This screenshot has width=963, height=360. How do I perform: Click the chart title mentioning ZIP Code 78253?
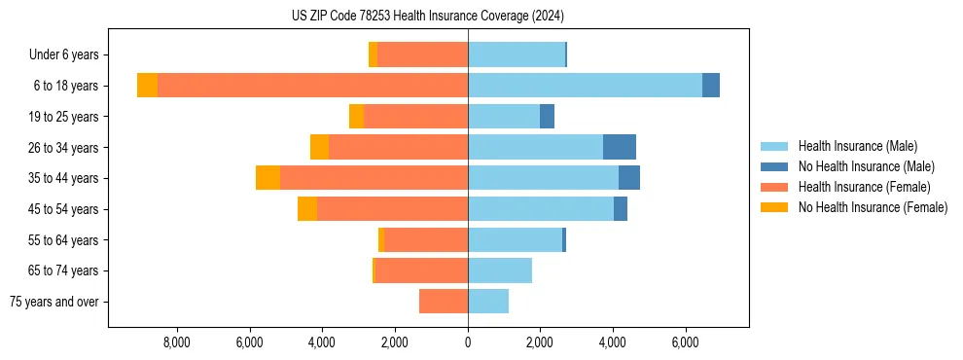[x=427, y=16]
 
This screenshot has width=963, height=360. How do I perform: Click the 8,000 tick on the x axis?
[x=176, y=342]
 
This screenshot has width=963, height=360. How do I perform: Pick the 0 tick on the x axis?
[x=468, y=342]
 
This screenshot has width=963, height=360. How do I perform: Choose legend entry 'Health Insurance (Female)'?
[x=864, y=187]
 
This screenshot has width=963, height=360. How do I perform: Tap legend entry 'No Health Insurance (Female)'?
[x=872, y=207]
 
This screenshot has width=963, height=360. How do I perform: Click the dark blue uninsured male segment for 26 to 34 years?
[x=620, y=147]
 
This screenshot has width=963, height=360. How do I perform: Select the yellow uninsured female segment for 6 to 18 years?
[x=147, y=86]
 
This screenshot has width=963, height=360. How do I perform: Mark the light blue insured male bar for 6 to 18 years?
[x=585, y=86]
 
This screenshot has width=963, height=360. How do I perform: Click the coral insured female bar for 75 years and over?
[x=444, y=302]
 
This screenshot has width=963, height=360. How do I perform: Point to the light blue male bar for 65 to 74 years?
[x=500, y=270]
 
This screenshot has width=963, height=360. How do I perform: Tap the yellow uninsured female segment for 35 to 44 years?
[x=267, y=178]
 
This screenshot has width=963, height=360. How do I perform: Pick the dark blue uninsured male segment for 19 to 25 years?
[x=547, y=116]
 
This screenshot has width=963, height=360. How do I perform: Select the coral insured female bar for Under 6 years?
[x=422, y=54]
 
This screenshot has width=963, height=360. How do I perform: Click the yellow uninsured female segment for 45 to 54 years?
[x=307, y=209]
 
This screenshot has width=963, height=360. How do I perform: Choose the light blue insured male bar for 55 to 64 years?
[x=515, y=239]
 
